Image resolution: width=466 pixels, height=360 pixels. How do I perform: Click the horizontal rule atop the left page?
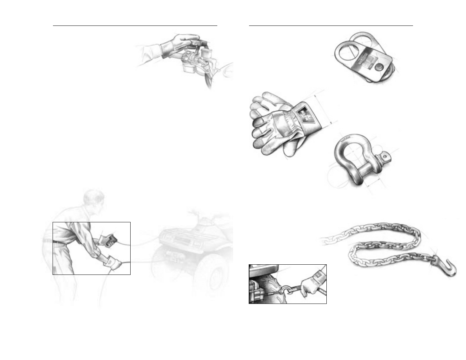(135, 26)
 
